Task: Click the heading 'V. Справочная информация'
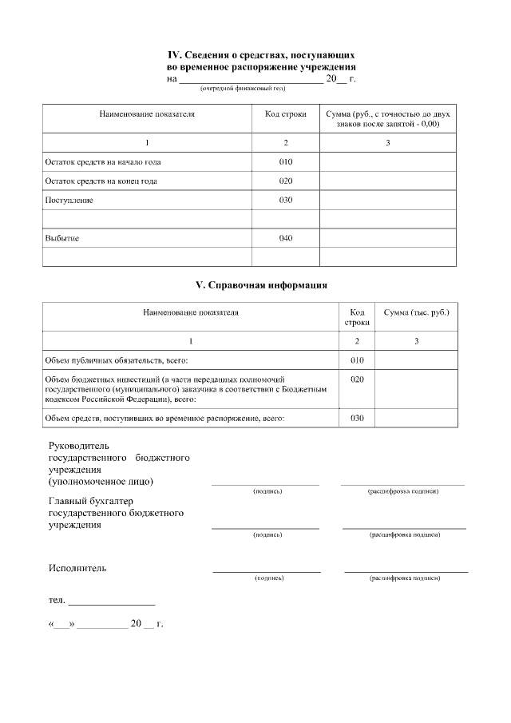coord(262,284)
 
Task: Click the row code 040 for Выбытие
coord(286,238)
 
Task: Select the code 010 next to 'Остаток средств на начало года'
coord(286,161)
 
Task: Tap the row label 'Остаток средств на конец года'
coord(100,181)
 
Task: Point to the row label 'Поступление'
coord(69,200)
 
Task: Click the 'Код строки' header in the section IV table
coord(285,114)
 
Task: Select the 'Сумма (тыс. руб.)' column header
coord(416,312)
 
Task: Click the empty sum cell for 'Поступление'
coord(387,200)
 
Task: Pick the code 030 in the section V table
coord(357,418)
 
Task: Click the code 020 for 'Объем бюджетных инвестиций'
coord(357,379)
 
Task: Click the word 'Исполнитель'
coord(77,568)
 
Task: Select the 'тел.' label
coord(57,599)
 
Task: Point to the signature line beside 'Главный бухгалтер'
coord(265,527)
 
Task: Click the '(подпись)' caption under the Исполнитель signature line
coord(267,577)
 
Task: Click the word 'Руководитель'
coord(78,445)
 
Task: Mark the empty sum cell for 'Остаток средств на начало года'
coord(387,161)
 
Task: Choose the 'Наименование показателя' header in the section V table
coord(191,312)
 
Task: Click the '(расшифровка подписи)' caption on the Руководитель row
coord(402,491)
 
